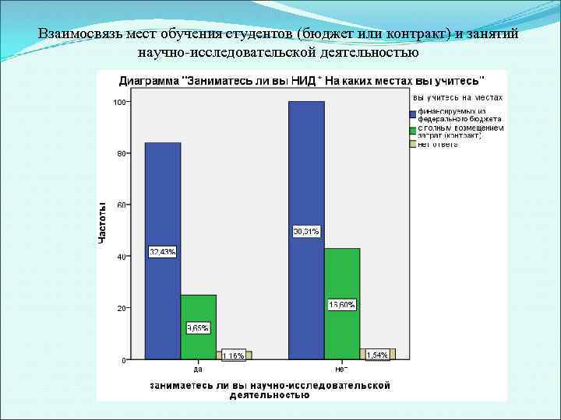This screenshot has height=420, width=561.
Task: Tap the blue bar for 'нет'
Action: [x=306, y=171]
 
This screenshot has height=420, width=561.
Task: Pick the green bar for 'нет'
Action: [x=342, y=272]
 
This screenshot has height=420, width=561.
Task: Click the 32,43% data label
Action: [x=163, y=251]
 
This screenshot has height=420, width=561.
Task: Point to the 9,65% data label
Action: [x=198, y=327]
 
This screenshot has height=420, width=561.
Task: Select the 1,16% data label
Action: [x=233, y=355]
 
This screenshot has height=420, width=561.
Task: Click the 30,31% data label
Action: [x=306, y=231]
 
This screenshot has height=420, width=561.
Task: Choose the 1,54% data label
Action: [x=378, y=355]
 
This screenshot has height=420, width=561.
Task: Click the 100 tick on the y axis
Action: [x=118, y=102]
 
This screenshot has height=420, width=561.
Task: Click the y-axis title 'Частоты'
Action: [x=102, y=222]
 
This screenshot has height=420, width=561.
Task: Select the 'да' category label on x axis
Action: [x=198, y=369]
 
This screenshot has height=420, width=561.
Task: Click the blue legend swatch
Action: [x=413, y=113]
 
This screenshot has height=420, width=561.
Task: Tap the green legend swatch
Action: [x=413, y=128]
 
